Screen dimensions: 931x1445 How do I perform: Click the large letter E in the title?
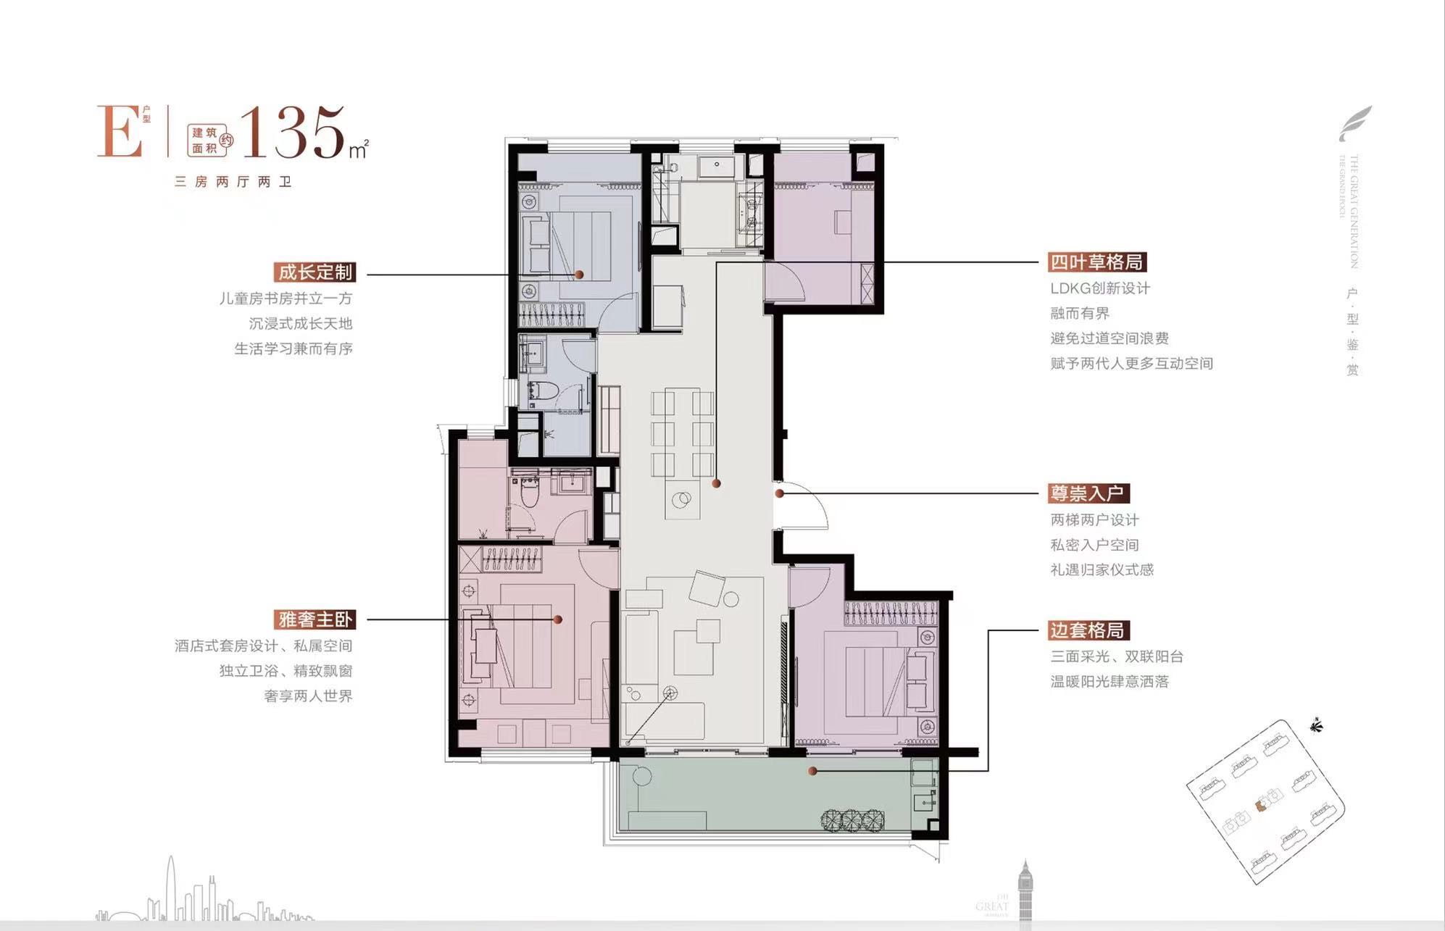point(120,132)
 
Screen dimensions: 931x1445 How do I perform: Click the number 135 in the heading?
point(293,133)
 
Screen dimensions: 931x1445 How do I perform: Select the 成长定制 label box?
point(315,272)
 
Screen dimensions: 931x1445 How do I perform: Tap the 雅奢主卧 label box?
point(315,619)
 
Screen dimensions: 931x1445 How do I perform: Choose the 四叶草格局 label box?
point(1097,262)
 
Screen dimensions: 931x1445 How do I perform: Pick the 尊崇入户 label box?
point(1088,493)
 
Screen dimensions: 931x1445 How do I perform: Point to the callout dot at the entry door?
point(780,493)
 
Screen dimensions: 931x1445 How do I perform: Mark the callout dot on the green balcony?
point(813,772)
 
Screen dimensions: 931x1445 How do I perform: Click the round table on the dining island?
point(681,499)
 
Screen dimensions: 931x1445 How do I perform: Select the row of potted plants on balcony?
point(852,819)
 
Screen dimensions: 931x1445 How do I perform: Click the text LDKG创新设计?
point(1100,288)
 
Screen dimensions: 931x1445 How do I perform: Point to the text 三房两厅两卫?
point(233,182)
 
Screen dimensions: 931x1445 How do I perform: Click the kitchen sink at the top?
point(716,166)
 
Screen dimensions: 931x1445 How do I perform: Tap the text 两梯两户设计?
point(1094,520)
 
